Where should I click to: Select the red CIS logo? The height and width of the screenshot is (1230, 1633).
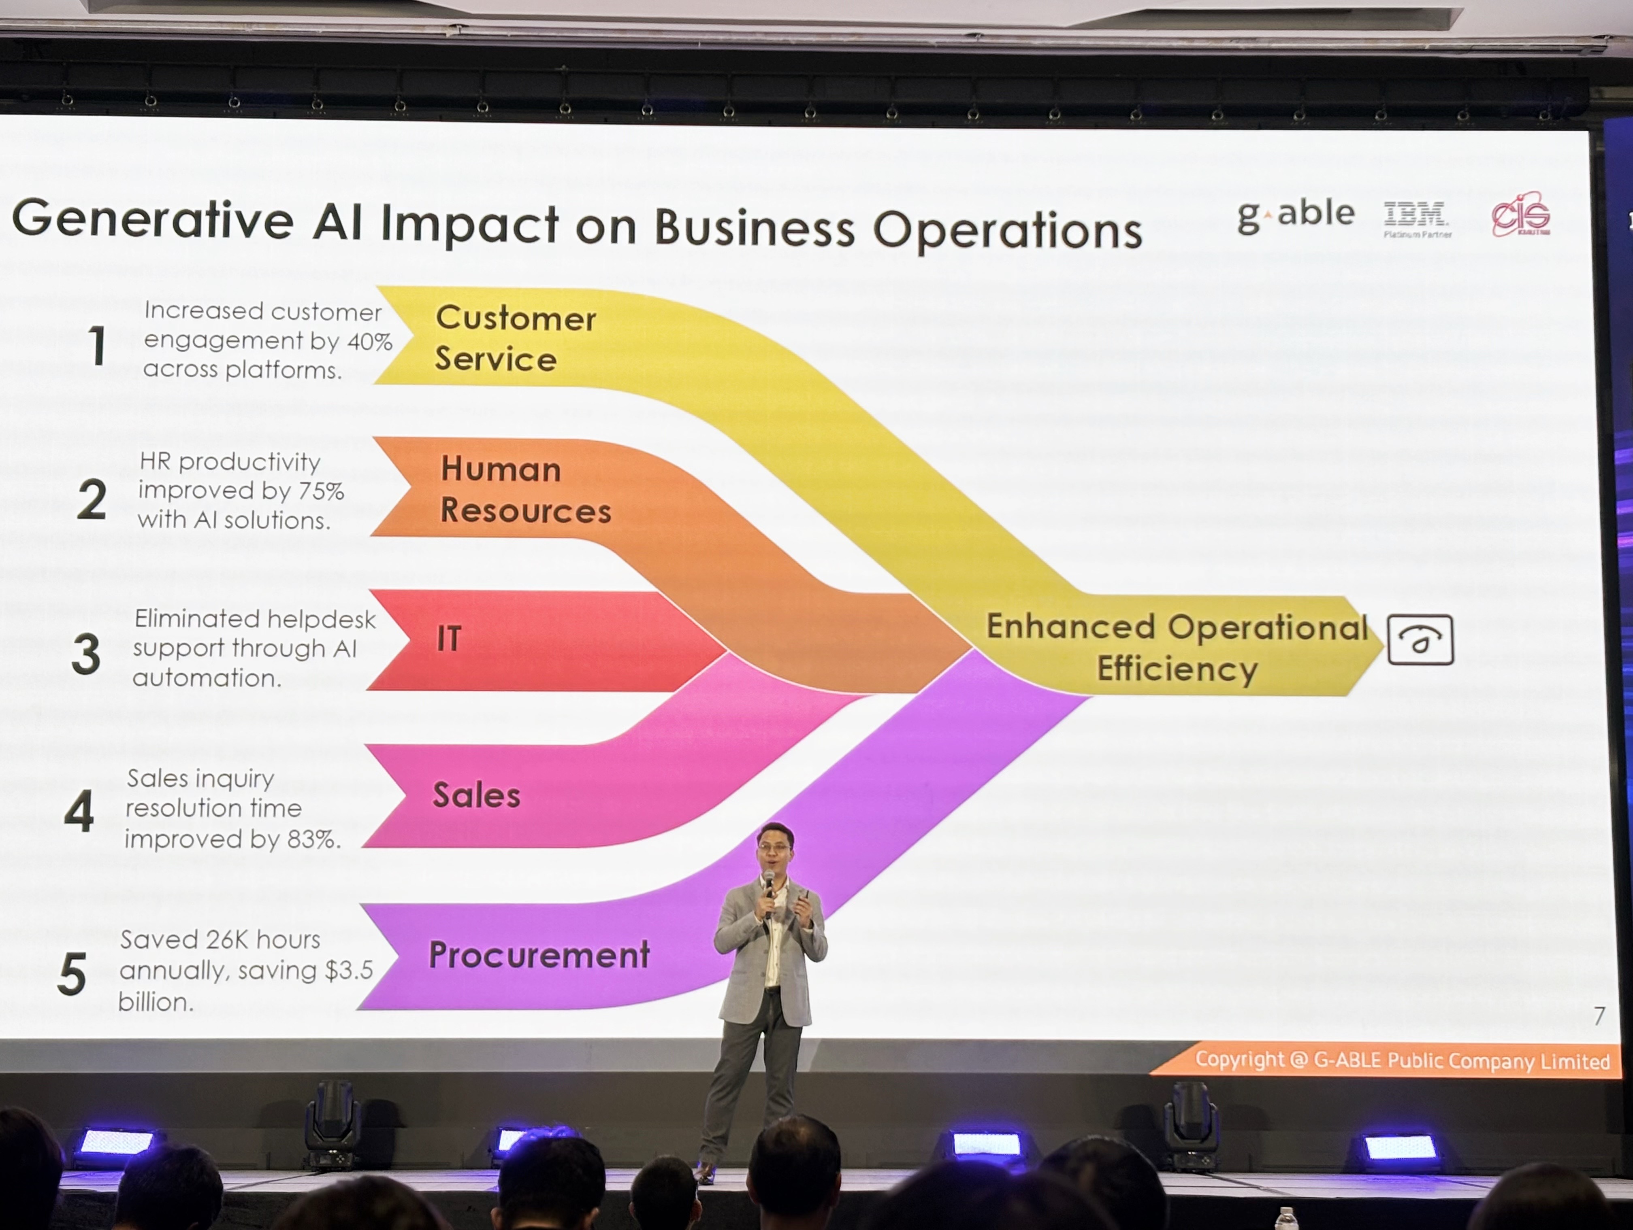(x=1521, y=215)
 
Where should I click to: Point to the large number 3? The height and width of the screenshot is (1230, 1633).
(x=86, y=654)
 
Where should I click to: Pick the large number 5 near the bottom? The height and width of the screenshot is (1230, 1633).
(x=72, y=974)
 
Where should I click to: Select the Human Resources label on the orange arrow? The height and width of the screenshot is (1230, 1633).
(x=525, y=489)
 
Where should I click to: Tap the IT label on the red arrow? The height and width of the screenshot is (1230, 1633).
(x=449, y=638)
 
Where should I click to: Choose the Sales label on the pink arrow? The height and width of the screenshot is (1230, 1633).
(x=476, y=795)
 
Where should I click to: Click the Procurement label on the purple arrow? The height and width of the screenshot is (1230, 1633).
(x=539, y=955)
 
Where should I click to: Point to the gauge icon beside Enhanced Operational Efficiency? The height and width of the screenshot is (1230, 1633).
(x=1420, y=640)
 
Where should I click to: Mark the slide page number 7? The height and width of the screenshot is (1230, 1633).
(x=1599, y=1016)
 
